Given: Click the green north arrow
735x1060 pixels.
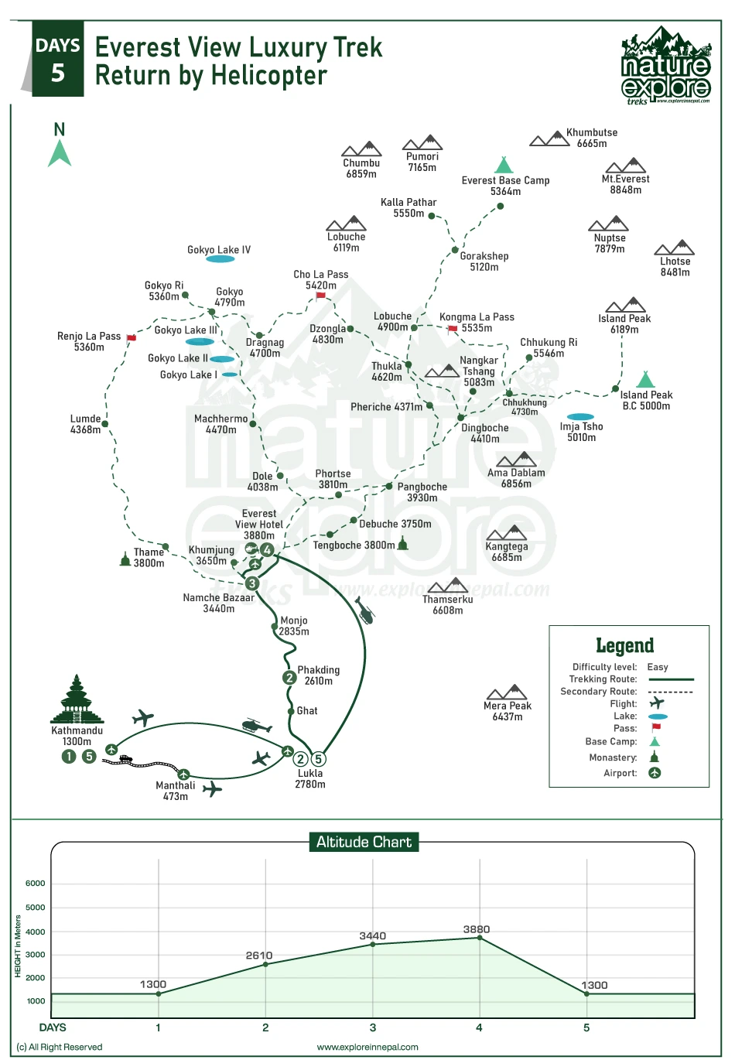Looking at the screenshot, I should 60,152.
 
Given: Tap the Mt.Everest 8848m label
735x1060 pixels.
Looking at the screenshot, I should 625,184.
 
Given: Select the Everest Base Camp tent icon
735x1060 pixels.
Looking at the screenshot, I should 504,165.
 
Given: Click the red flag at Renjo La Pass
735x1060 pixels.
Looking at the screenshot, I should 132,338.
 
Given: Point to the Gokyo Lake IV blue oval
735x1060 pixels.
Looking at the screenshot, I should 220,259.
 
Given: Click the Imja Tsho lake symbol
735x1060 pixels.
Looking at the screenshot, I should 580,417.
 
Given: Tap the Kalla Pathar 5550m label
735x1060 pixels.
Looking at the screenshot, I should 409,207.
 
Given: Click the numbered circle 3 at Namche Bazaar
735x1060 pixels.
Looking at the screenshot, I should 252,583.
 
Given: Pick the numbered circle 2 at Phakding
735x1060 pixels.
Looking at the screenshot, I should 289,678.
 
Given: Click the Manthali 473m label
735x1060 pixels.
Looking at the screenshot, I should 176,791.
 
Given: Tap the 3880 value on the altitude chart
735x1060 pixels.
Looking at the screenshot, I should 477,929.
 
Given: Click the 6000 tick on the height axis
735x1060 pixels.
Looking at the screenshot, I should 36,883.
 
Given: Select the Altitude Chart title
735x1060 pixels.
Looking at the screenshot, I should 364,842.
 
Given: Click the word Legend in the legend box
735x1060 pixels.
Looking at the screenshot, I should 624,645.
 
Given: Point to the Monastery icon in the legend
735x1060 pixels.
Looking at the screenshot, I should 655,757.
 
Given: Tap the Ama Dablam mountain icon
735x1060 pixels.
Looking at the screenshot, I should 516,460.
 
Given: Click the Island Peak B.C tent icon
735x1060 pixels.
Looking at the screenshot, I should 644,379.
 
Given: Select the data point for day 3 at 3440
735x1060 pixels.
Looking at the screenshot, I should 373,944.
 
